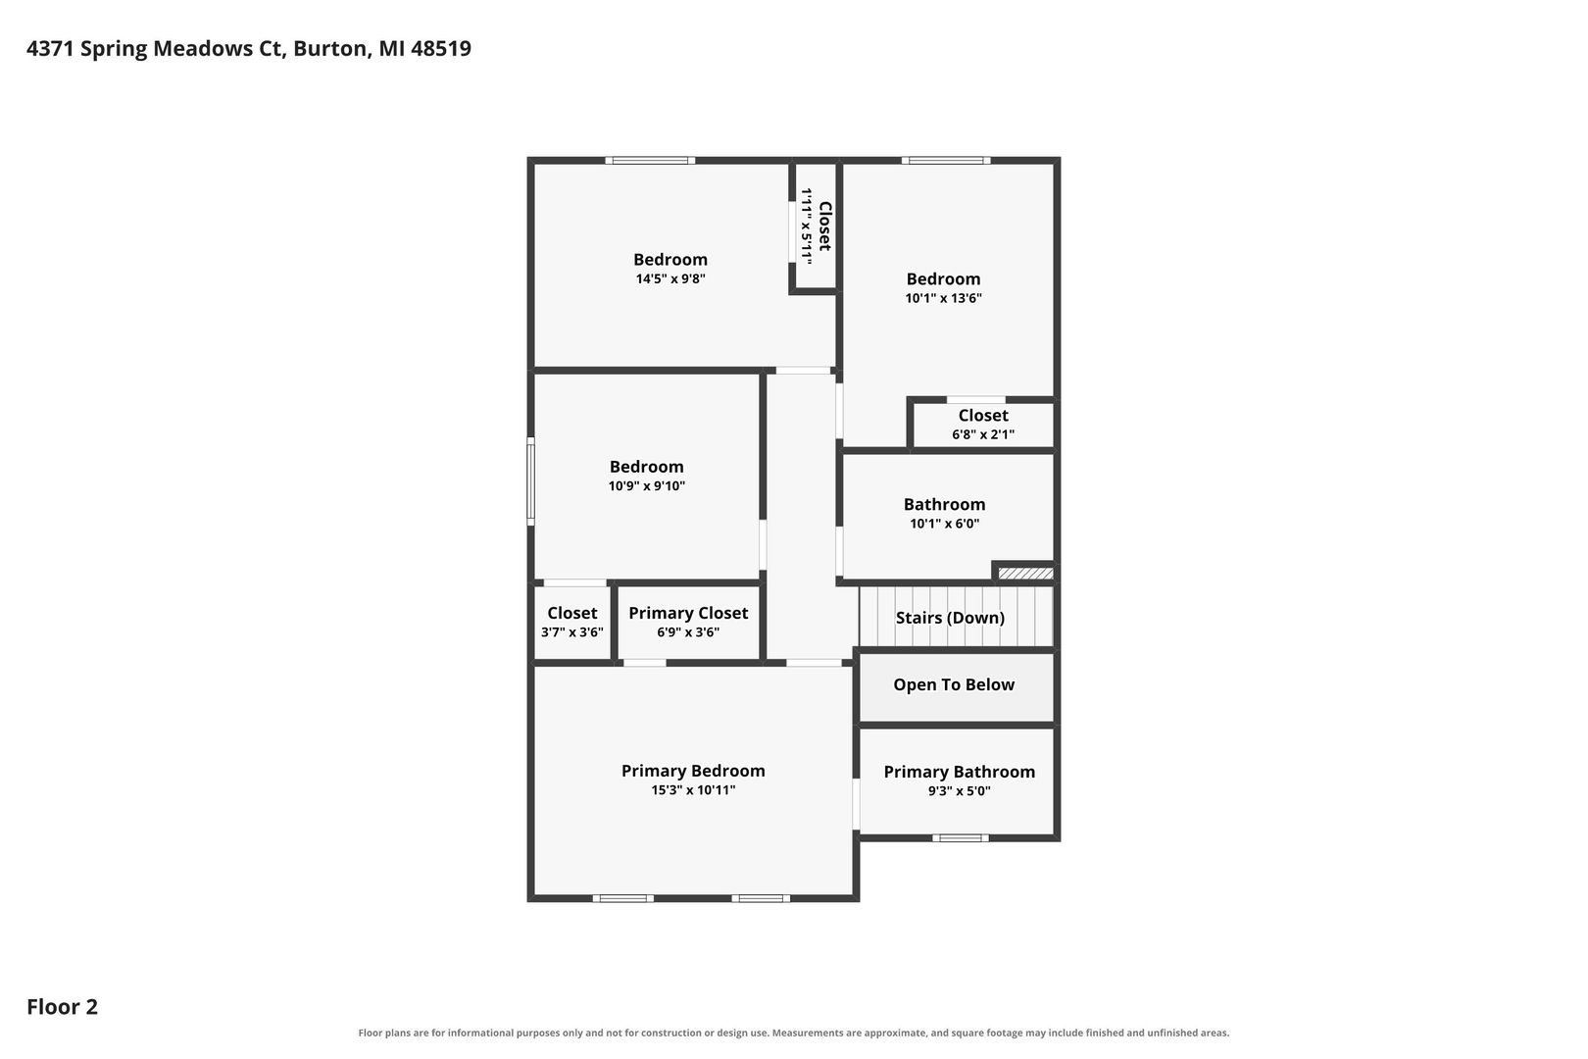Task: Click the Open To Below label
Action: coord(954,684)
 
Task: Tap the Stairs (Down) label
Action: coord(950,618)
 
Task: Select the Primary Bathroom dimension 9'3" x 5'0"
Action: coord(960,791)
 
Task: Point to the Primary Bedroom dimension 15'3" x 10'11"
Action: coord(693,790)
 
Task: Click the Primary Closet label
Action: coord(688,613)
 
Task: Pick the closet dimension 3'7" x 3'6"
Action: coord(572,632)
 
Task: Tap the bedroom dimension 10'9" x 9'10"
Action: coord(647,486)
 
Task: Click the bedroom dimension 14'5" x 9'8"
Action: coord(670,278)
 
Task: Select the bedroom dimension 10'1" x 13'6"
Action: coord(944,298)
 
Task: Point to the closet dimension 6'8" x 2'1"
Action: coord(983,434)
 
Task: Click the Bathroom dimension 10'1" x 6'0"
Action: coord(945,524)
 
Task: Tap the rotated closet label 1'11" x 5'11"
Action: coord(807,227)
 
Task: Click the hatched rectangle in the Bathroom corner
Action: coord(1025,573)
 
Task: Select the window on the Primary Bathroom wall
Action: coord(961,838)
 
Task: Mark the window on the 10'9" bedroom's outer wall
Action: coord(530,481)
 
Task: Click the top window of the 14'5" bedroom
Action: coord(650,160)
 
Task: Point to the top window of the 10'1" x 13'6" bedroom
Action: coord(946,160)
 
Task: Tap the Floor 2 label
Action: coord(63,1006)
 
